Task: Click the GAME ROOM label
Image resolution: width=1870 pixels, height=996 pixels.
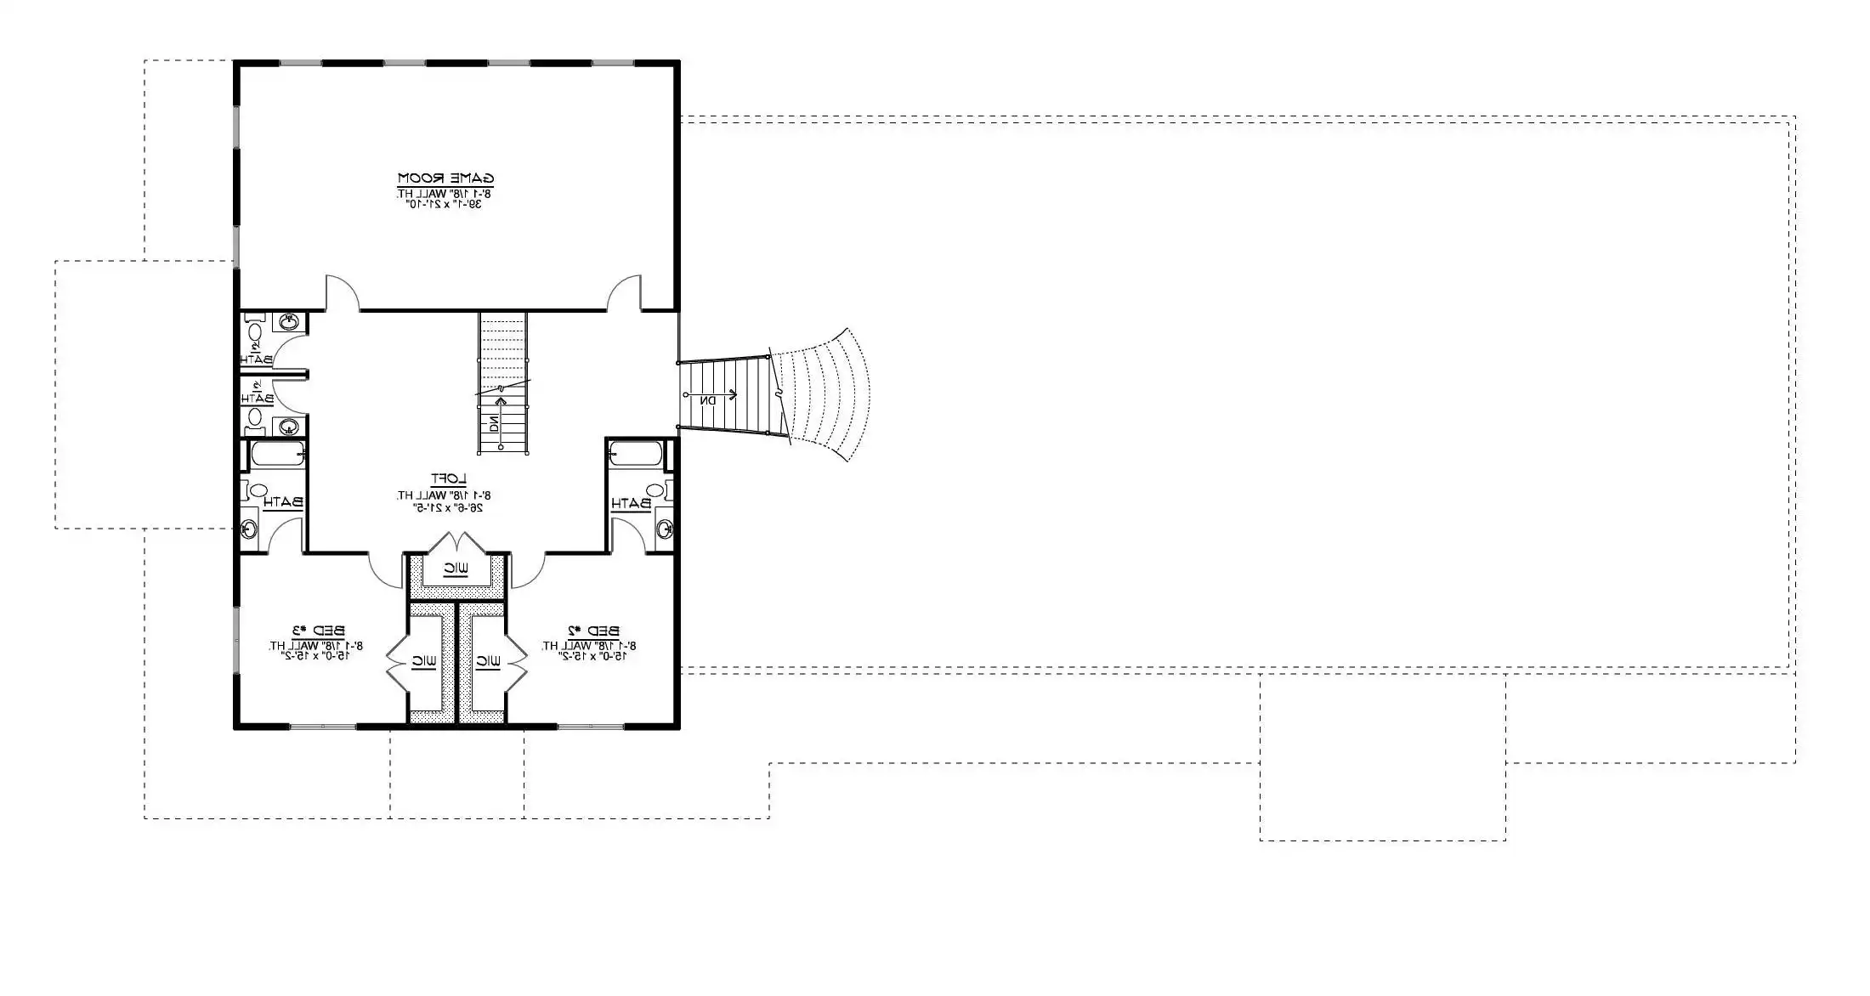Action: pos(446,178)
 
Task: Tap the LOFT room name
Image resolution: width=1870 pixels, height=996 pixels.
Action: pos(448,479)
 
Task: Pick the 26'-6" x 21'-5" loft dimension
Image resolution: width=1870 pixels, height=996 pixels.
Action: pos(448,507)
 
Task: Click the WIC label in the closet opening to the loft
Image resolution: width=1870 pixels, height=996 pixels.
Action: pos(456,568)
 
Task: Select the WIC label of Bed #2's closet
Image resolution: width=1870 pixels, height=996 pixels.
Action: pos(487,660)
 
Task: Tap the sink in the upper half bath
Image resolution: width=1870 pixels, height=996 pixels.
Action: pos(289,322)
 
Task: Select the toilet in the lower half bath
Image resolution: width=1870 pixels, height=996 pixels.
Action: pos(253,416)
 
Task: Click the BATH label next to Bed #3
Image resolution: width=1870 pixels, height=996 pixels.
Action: pos(283,503)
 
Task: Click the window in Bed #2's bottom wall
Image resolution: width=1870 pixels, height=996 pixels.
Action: pos(591,727)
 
